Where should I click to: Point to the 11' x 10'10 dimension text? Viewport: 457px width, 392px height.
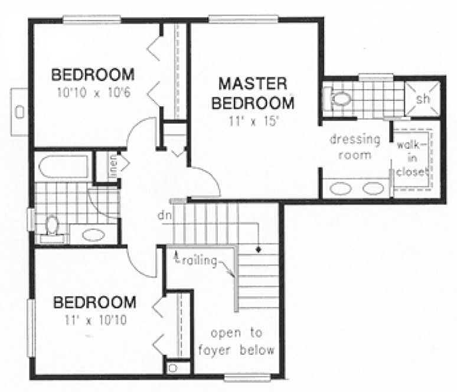94,321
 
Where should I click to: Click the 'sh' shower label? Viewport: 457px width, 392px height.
423,99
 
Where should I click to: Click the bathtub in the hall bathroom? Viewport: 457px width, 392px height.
63,166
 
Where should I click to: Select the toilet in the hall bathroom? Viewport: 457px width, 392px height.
53,226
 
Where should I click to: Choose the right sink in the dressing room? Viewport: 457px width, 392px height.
373,189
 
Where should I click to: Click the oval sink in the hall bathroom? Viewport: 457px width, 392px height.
93,235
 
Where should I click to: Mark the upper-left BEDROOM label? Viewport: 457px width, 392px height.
93,76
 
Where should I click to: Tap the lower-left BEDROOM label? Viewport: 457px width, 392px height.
94,303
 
